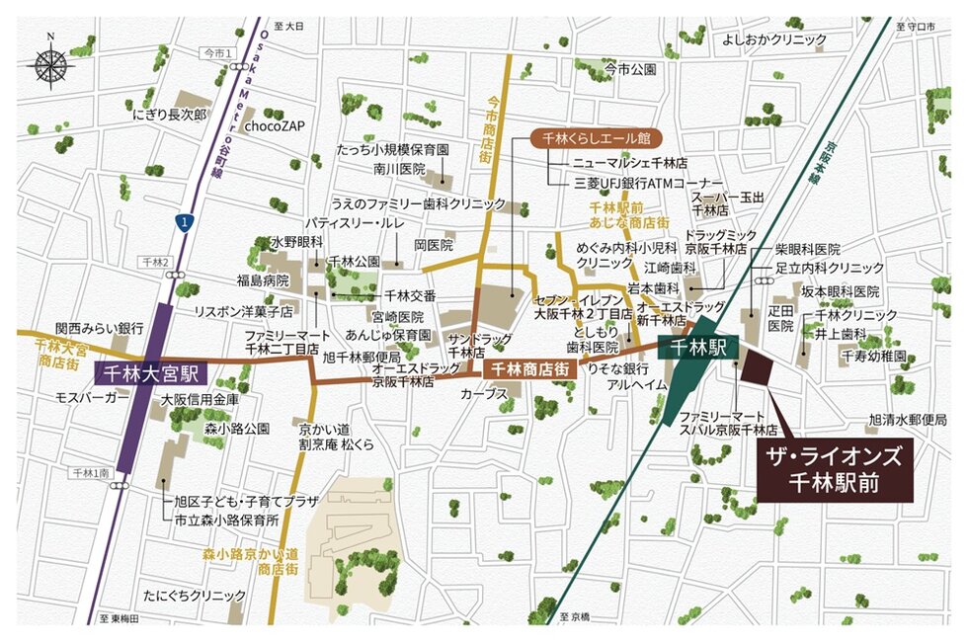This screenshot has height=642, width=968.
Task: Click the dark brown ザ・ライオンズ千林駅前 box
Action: coord(839,469)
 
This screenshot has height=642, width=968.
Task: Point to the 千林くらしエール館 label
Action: coord(597,139)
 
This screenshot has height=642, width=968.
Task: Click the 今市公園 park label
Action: coord(631,69)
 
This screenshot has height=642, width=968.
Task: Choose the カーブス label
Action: coord(484,394)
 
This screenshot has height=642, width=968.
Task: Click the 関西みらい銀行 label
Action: coord(101,326)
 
